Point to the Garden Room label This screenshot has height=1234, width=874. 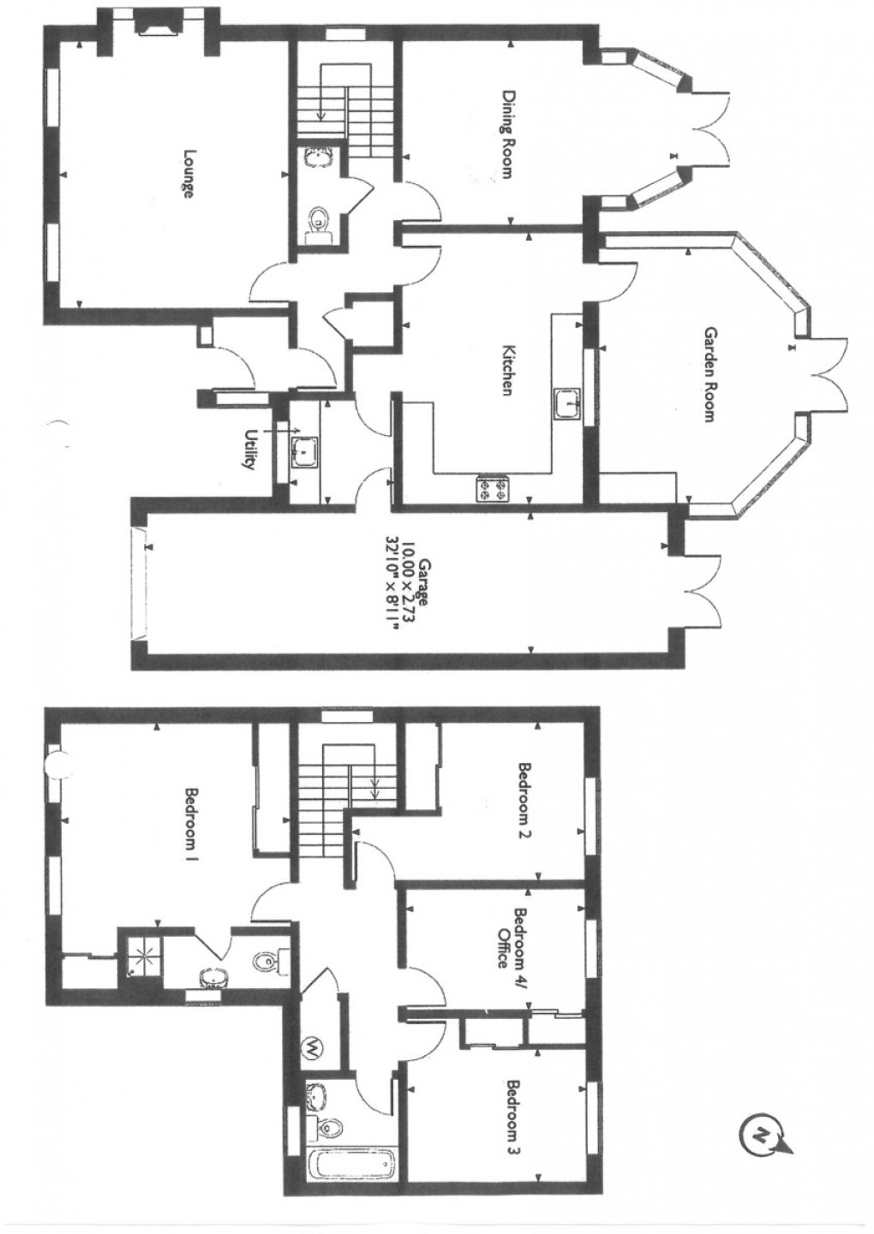(709, 373)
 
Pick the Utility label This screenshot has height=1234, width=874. (250, 449)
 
